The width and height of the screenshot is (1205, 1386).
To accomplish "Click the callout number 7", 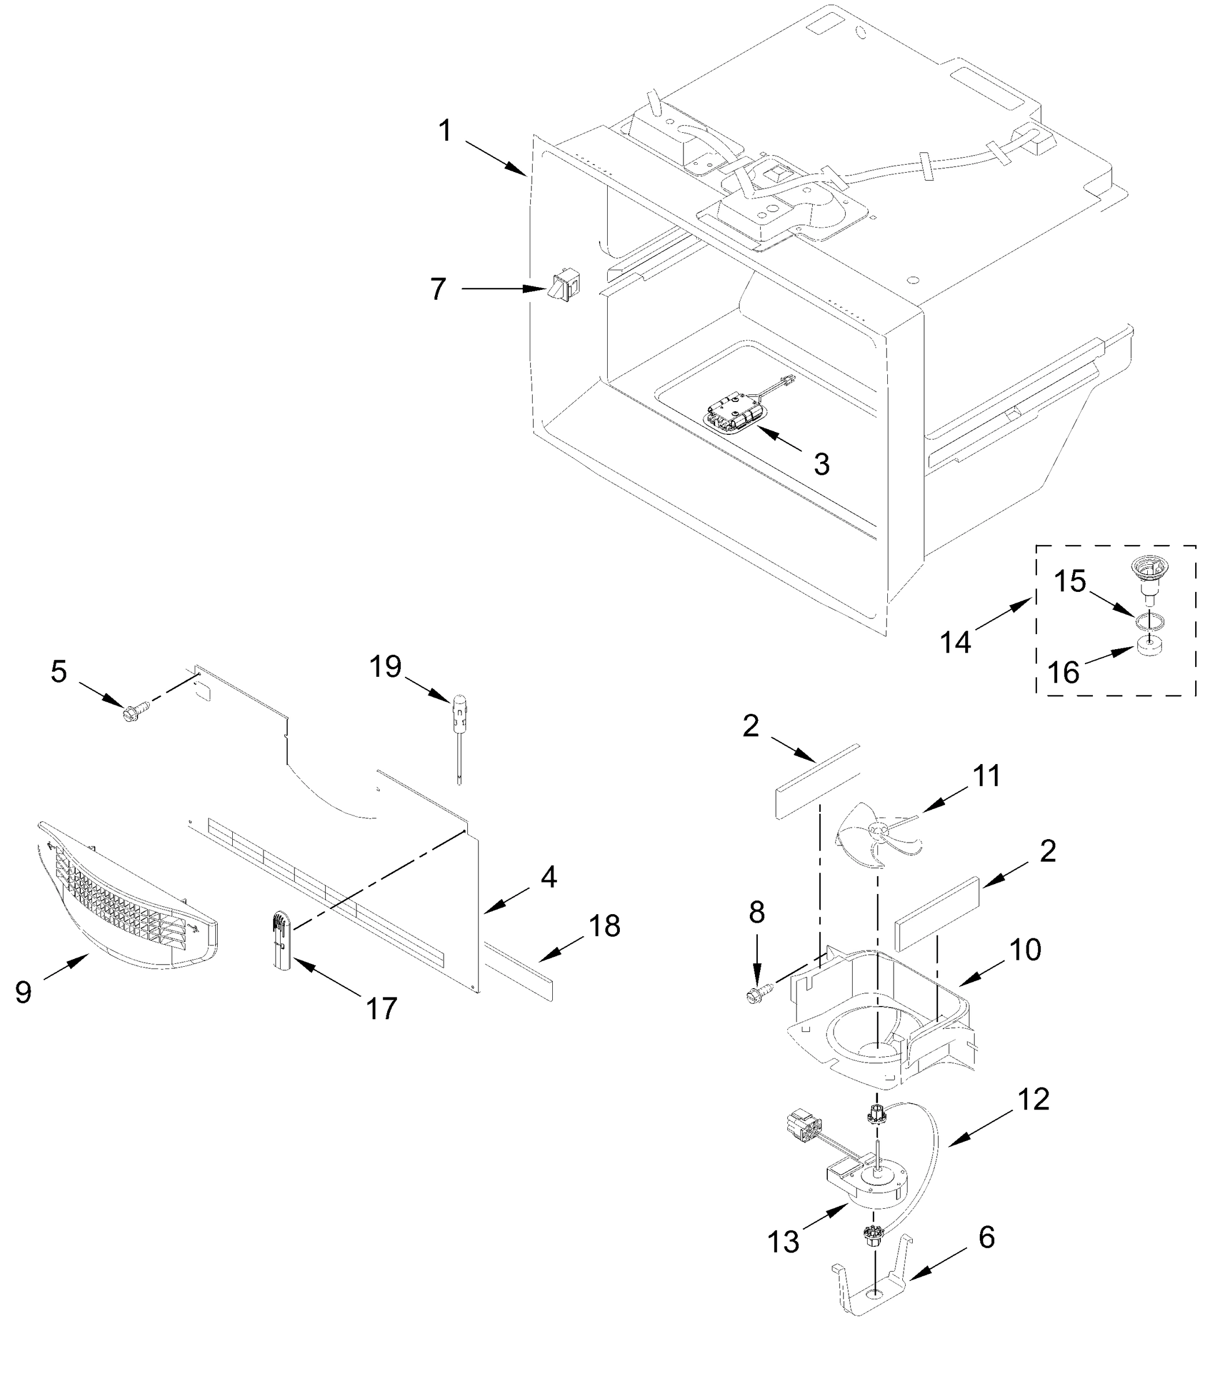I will (x=438, y=290).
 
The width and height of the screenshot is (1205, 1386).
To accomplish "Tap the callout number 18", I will (x=604, y=926).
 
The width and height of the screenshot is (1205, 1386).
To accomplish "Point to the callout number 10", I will (x=1025, y=950).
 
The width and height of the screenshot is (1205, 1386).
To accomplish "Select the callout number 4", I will (x=549, y=877).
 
